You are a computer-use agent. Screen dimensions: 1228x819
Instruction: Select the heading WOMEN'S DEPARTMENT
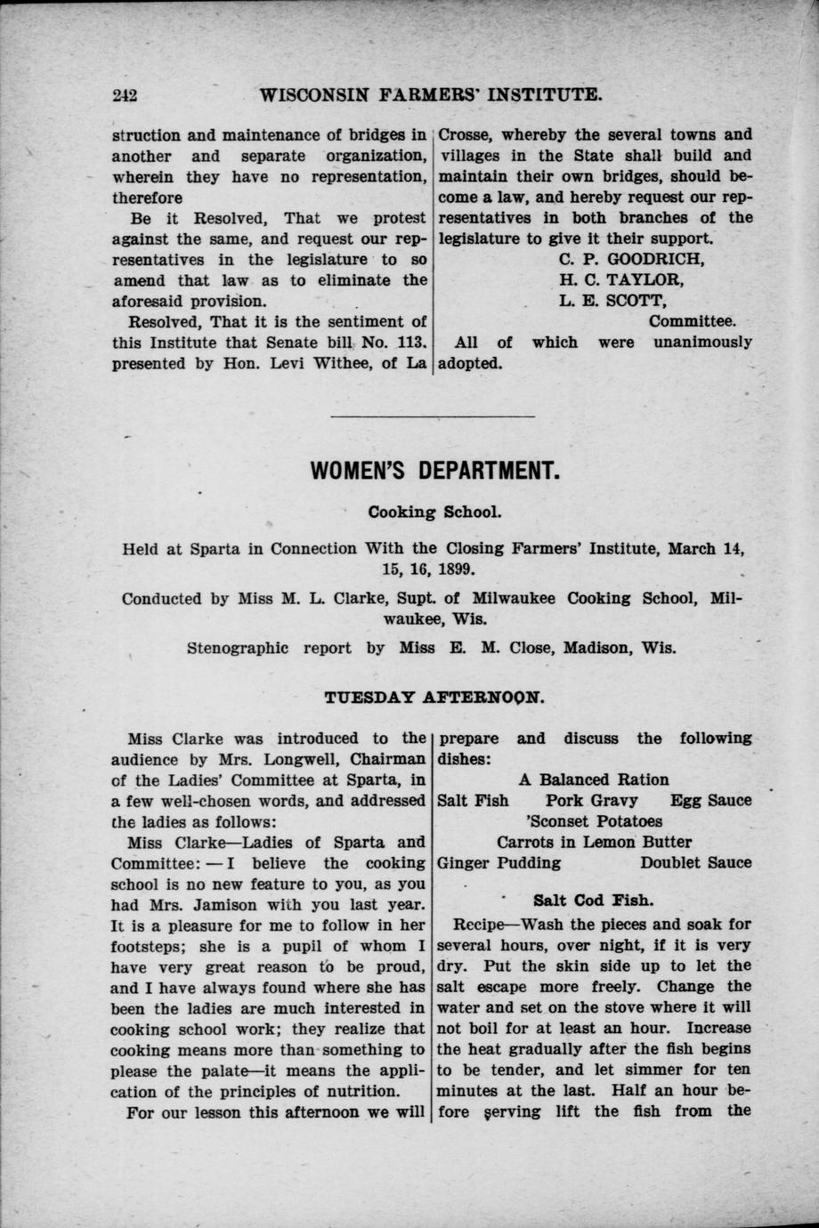pyautogui.click(x=434, y=471)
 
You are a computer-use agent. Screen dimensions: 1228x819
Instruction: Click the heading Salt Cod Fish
pyautogui.click(x=593, y=900)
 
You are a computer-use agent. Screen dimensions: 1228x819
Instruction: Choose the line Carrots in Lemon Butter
pyautogui.click(x=594, y=842)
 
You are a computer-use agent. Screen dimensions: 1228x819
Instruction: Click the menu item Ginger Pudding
pyautogui.click(x=499, y=862)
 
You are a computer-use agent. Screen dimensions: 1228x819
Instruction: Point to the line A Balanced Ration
pyautogui.click(x=594, y=780)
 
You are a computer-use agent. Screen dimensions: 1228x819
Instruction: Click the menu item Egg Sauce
pyautogui.click(x=710, y=800)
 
